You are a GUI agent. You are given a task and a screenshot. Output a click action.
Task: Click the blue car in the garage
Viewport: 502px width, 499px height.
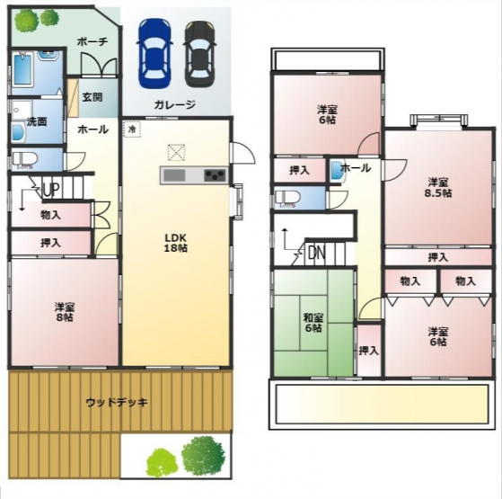(155, 54)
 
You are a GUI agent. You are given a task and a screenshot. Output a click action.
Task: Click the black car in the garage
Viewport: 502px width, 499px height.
(199, 54)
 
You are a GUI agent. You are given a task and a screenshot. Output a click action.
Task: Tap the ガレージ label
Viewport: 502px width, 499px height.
(174, 104)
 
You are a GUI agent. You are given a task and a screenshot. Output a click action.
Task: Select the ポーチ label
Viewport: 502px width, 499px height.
(92, 42)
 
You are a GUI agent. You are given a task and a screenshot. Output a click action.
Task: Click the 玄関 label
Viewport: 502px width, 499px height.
(92, 97)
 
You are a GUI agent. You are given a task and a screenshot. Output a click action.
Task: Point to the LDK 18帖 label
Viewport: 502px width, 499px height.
(175, 243)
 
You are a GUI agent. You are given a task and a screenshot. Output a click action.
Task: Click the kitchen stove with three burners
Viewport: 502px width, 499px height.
(216, 175)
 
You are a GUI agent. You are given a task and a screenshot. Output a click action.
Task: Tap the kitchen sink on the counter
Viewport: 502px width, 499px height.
(174, 175)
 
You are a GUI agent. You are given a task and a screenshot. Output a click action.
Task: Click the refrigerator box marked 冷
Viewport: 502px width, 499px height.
(132, 129)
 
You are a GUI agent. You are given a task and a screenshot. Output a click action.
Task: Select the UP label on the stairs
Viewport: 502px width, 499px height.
(51, 191)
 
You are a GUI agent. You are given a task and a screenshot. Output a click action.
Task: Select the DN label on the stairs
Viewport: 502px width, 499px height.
(317, 254)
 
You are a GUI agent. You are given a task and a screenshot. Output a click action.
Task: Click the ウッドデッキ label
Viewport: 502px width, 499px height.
(117, 402)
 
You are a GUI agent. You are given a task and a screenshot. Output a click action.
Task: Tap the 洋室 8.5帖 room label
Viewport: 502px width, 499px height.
(438, 188)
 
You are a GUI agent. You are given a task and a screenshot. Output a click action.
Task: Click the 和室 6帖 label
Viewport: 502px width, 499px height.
(313, 323)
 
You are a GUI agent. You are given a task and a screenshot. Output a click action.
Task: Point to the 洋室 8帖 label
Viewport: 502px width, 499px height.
(65, 312)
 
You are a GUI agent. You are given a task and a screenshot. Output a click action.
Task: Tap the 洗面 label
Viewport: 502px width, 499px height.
(37, 121)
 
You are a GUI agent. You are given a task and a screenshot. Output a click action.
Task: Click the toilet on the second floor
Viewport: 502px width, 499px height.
(287, 199)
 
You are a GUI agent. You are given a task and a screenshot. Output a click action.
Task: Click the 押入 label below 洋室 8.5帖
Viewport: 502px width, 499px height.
(438, 257)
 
